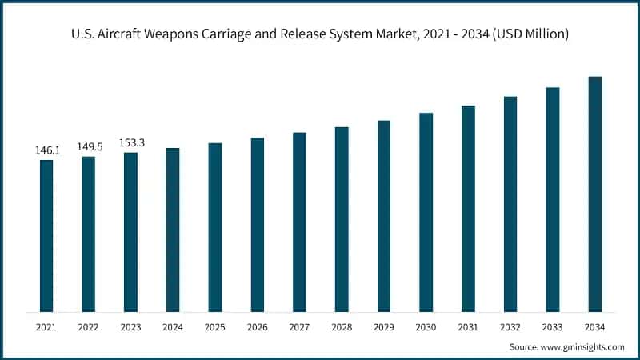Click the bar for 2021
46,236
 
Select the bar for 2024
173,230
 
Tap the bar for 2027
299,222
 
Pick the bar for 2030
426,212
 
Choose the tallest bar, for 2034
594,194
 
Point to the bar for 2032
510,204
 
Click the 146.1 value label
46,150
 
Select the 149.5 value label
89,146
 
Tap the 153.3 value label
130,142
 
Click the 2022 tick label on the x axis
89,327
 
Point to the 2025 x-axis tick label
215,327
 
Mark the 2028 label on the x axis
342,327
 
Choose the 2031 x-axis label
468,327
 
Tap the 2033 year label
552,327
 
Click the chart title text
320,34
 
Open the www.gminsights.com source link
582,346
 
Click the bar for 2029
384,216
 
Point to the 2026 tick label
257,327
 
